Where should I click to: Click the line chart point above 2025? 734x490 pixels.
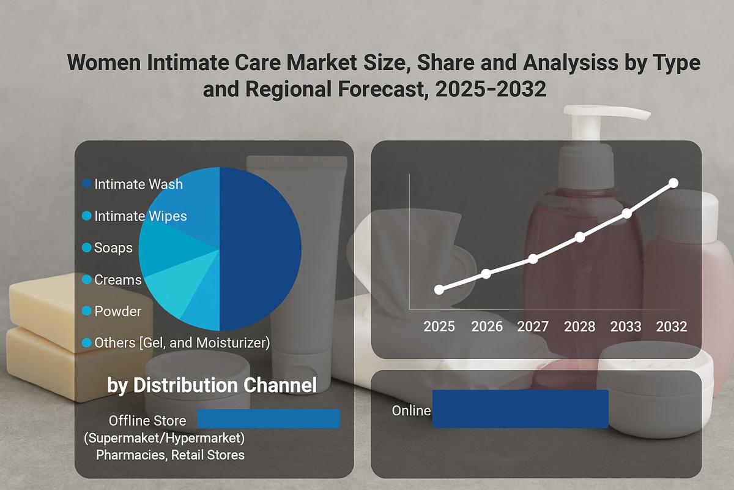pyautogui.click(x=439, y=290)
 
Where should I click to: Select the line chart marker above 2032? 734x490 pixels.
pyautogui.click(x=673, y=183)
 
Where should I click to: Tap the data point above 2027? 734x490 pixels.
pyautogui.click(x=533, y=258)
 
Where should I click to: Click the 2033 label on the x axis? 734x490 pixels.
pyautogui.click(x=626, y=326)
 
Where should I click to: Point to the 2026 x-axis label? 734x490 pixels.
pyautogui.click(x=486, y=326)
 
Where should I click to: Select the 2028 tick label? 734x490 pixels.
pyautogui.click(x=579, y=326)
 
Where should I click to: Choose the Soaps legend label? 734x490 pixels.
pyautogui.click(x=113, y=248)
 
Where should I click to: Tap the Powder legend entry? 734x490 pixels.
pyautogui.click(x=117, y=311)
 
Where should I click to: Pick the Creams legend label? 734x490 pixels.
pyautogui.click(x=117, y=280)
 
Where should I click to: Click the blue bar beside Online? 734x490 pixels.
pyautogui.click(x=520, y=409)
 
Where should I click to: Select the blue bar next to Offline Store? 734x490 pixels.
pyautogui.click(x=269, y=419)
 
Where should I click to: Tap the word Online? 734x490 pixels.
pyautogui.click(x=411, y=410)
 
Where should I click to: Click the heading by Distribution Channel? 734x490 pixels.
pyautogui.click(x=212, y=385)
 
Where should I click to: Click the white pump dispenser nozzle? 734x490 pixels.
pyautogui.click(x=606, y=114)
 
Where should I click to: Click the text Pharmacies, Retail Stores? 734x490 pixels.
pyautogui.click(x=170, y=455)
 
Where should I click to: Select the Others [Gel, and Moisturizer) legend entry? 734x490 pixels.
pyautogui.click(x=181, y=343)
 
